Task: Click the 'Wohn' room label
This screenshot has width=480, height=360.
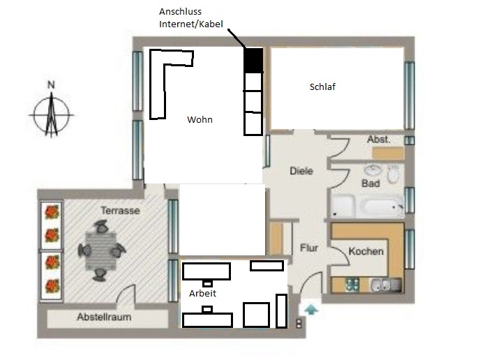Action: [200, 119]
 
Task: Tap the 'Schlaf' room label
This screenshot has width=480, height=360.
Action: [322, 87]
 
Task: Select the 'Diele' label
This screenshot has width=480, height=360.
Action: [301, 171]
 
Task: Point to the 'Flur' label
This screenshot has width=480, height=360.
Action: [309, 248]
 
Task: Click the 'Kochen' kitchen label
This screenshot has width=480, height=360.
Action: [366, 251]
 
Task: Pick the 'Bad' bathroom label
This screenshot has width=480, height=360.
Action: [370, 183]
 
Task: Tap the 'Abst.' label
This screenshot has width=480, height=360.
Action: [379, 140]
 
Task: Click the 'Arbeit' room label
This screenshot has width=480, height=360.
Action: [202, 293]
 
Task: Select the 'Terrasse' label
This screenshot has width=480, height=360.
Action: [120, 210]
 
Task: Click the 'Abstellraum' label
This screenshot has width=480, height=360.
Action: [104, 317]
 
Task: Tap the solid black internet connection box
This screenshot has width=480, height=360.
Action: [253, 60]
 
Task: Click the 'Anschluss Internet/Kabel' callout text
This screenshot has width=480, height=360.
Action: [191, 17]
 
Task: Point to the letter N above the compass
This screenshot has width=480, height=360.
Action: [51, 85]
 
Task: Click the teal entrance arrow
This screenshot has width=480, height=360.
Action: [311, 310]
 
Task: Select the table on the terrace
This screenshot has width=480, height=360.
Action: [101, 251]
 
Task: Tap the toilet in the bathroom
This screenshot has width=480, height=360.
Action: [393, 174]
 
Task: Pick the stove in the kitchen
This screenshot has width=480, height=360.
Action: [352, 285]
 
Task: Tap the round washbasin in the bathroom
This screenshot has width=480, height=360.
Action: [373, 171]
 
